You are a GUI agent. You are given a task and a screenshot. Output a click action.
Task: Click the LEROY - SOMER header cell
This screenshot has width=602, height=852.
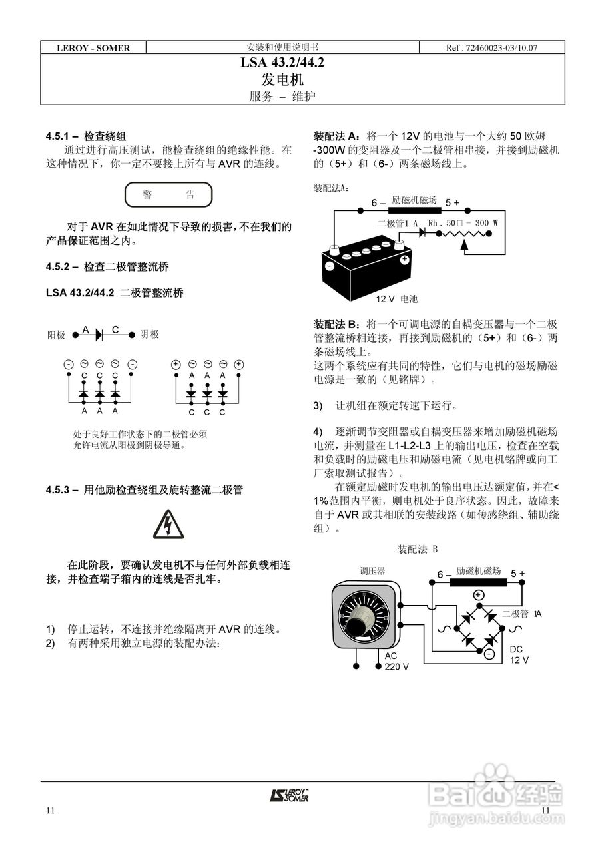click(93, 48)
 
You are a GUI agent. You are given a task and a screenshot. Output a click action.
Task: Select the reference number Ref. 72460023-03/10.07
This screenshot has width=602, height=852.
click(491, 48)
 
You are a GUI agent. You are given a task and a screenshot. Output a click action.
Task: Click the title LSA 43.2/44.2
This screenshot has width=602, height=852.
click(282, 64)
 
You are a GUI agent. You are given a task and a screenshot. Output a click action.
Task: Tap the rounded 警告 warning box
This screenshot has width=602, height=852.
click(168, 195)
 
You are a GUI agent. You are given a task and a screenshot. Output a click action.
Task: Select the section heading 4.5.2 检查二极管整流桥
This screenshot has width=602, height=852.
click(107, 267)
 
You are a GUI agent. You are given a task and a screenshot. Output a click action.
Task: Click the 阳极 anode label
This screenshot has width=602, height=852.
click(56, 335)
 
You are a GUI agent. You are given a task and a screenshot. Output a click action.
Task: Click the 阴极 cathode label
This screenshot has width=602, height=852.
click(149, 335)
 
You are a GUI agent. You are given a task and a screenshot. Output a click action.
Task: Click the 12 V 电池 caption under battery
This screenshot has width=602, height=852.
click(397, 300)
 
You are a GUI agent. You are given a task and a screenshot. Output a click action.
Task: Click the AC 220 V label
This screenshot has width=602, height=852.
click(396, 660)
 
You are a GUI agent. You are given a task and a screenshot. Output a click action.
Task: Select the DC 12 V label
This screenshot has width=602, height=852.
click(519, 654)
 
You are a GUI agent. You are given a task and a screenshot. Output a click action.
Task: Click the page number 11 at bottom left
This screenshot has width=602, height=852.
click(51, 810)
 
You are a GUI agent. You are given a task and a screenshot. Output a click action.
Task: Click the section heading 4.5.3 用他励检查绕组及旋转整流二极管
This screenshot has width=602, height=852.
click(144, 490)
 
